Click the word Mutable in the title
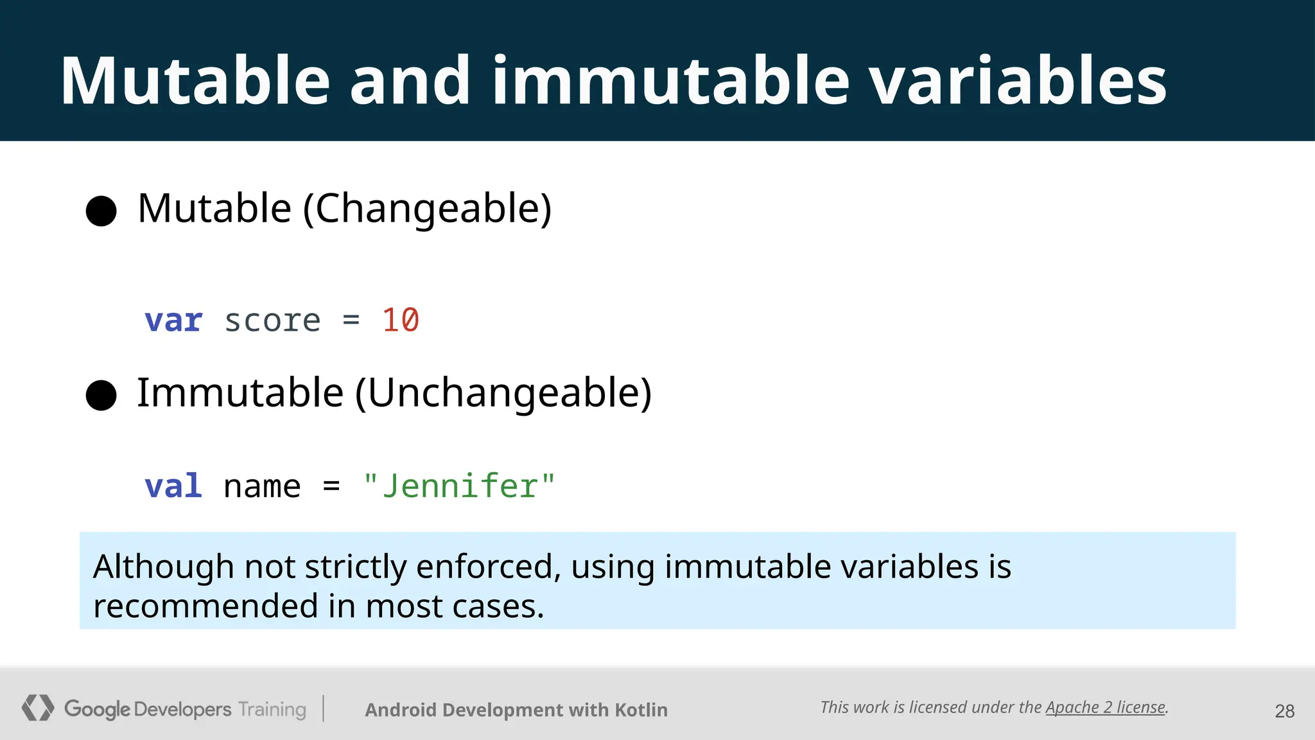point(195,82)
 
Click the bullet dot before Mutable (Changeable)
point(101,211)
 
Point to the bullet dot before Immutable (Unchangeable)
point(101,395)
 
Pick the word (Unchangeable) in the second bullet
point(503,393)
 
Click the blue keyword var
point(173,321)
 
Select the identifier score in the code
point(272,321)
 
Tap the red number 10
point(400,320)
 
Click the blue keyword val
point(173,486)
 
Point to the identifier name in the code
point(262,486)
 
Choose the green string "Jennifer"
point(459,486)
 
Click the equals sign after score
point(351,319)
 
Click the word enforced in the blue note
point(488,567)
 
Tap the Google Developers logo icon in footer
point(38,708)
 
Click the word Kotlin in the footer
point(641,710)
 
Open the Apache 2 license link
point(1106,707)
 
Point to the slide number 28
point(1284,711)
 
